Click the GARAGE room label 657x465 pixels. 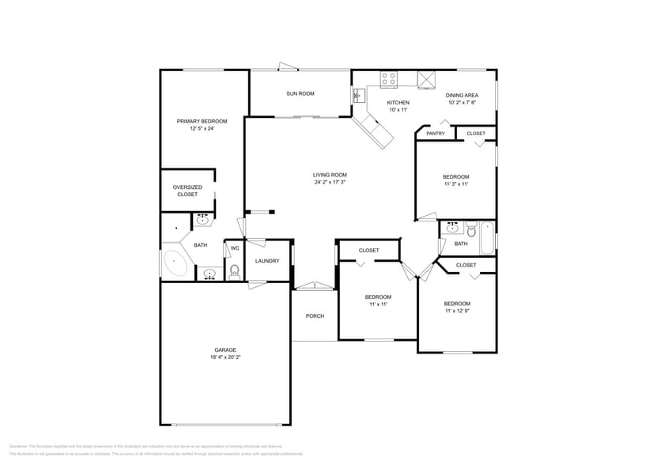click(225, 350)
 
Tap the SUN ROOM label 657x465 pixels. click(300, 93)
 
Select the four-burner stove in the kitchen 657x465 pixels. click(388, 79)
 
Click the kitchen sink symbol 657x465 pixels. click(357, 96)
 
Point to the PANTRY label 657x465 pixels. click(435, 134)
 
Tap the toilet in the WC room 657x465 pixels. click(233, 272)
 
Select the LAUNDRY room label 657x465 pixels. click(266, 261)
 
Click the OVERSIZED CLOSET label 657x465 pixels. click(187, 191)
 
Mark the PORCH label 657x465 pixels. click(315, 316)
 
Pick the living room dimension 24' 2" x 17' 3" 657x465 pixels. click(330, 182)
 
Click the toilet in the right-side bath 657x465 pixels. click(470, 232)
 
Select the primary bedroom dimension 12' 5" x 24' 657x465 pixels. click(202, 128)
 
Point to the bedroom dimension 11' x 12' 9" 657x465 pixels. click(456, 311)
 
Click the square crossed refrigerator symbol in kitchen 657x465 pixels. click(427, 79)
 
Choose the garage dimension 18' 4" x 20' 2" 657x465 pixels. click(225, 357)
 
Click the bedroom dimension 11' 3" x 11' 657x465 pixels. click(455, 183)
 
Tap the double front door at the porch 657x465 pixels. click(314, 286)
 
